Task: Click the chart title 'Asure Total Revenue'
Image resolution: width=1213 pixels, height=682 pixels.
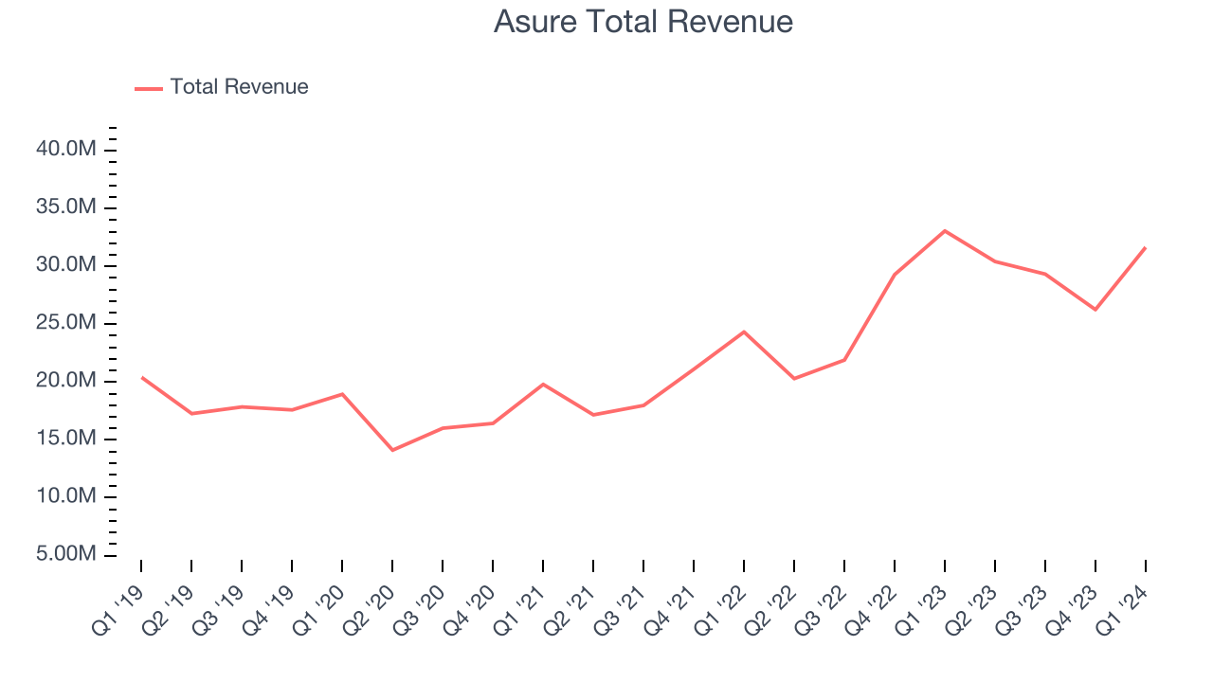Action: (643, 22)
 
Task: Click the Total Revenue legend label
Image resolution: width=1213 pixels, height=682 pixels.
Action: (239, 87)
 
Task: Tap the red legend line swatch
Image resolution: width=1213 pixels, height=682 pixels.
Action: (149, 88)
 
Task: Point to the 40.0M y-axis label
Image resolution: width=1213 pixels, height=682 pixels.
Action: (66, 150)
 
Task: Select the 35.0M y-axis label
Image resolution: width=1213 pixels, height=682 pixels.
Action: (66, 207)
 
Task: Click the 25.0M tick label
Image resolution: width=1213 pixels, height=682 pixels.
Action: (66, 323)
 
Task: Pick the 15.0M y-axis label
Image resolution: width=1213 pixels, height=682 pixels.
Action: (66, 439)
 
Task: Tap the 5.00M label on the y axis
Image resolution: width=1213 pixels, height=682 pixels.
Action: (66, 554)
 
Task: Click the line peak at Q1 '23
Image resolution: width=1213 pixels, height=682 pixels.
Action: (945, 231)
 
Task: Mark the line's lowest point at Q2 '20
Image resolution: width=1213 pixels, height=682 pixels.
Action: (392, 450)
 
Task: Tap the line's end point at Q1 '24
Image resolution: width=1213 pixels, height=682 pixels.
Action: (1145, 248)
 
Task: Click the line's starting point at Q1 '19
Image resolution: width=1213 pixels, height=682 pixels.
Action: (142, 377)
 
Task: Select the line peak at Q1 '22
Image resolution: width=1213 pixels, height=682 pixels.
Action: (744, 332)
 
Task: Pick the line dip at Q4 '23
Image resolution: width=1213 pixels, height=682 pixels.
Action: (1095, 310)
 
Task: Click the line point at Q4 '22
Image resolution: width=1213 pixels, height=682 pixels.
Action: (895, 275)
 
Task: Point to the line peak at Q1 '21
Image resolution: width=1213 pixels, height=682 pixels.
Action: (543, 384)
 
